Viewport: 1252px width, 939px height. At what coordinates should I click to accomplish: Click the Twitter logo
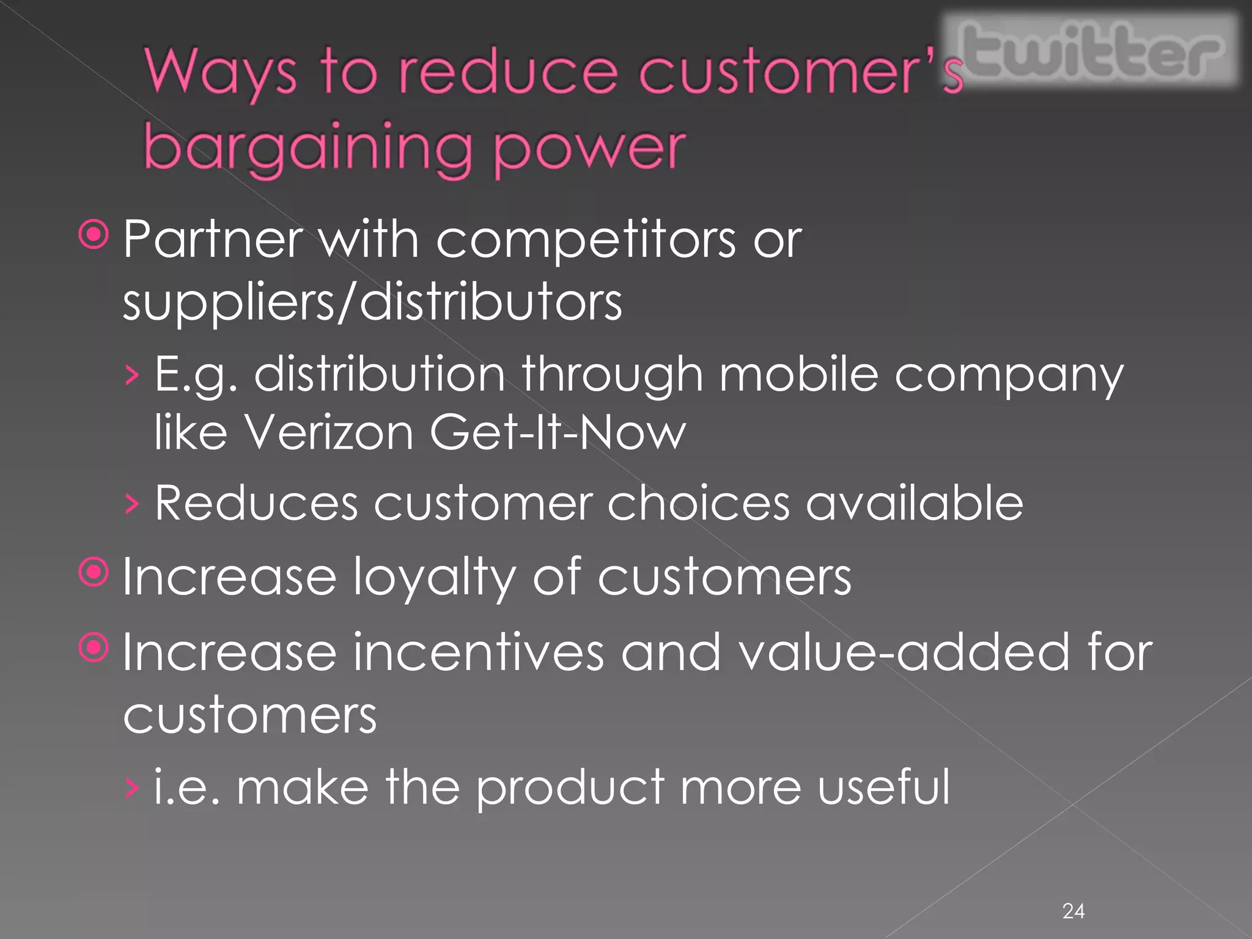click(x=1091, y=51)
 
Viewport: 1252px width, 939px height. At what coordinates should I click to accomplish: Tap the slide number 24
click(x=1073, y=911)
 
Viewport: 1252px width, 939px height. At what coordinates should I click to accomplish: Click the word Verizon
click(x=329, y=432)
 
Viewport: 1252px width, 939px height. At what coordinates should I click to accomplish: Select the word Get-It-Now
click(x=558, y=432)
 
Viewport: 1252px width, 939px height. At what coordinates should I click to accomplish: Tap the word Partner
click(x=213, y=239)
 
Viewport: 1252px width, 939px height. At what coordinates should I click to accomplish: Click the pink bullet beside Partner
click(x=94, y=234)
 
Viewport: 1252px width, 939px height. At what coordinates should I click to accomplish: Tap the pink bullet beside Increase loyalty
click(x=94, y=572)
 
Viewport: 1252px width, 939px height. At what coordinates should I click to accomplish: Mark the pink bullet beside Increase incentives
click(x=94, y=647)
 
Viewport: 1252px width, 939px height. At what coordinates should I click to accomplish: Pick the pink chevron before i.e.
click(x=131, y=789)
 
